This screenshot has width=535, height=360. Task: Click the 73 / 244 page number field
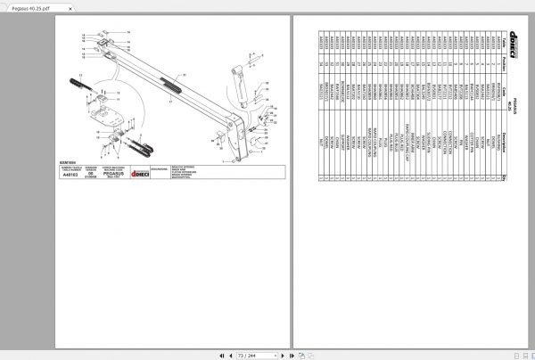click(267, 354)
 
